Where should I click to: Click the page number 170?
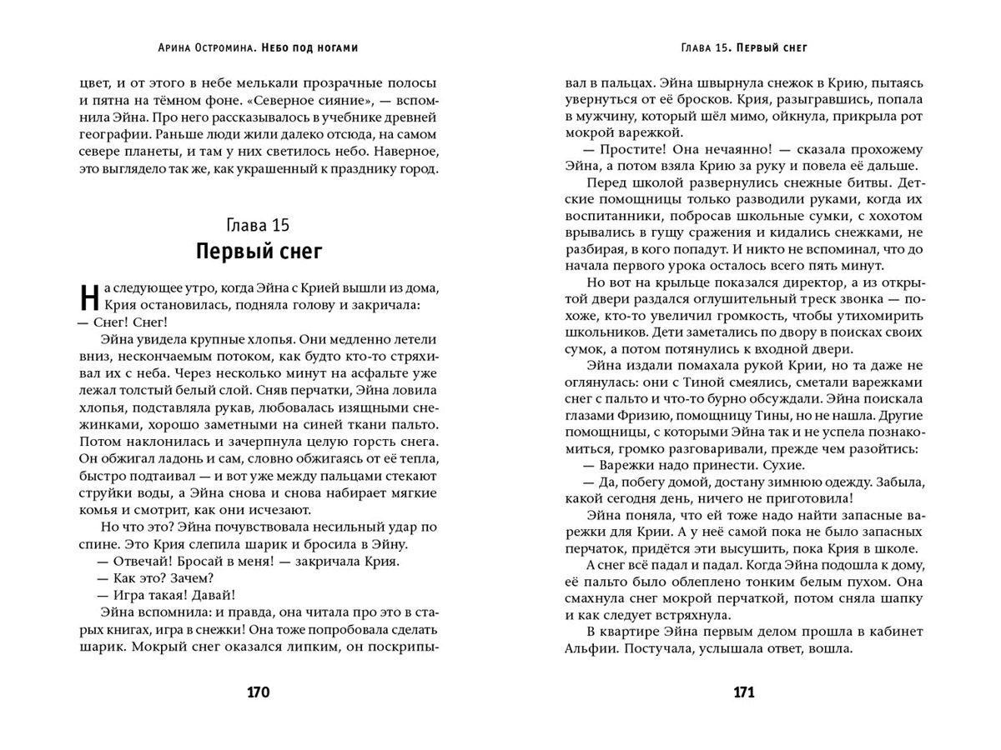[259, 692]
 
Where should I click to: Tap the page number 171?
[743, 692]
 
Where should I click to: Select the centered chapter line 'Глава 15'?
[259, 227]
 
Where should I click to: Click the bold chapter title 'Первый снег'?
[259, 251]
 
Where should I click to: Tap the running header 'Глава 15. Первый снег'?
[743, 48]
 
